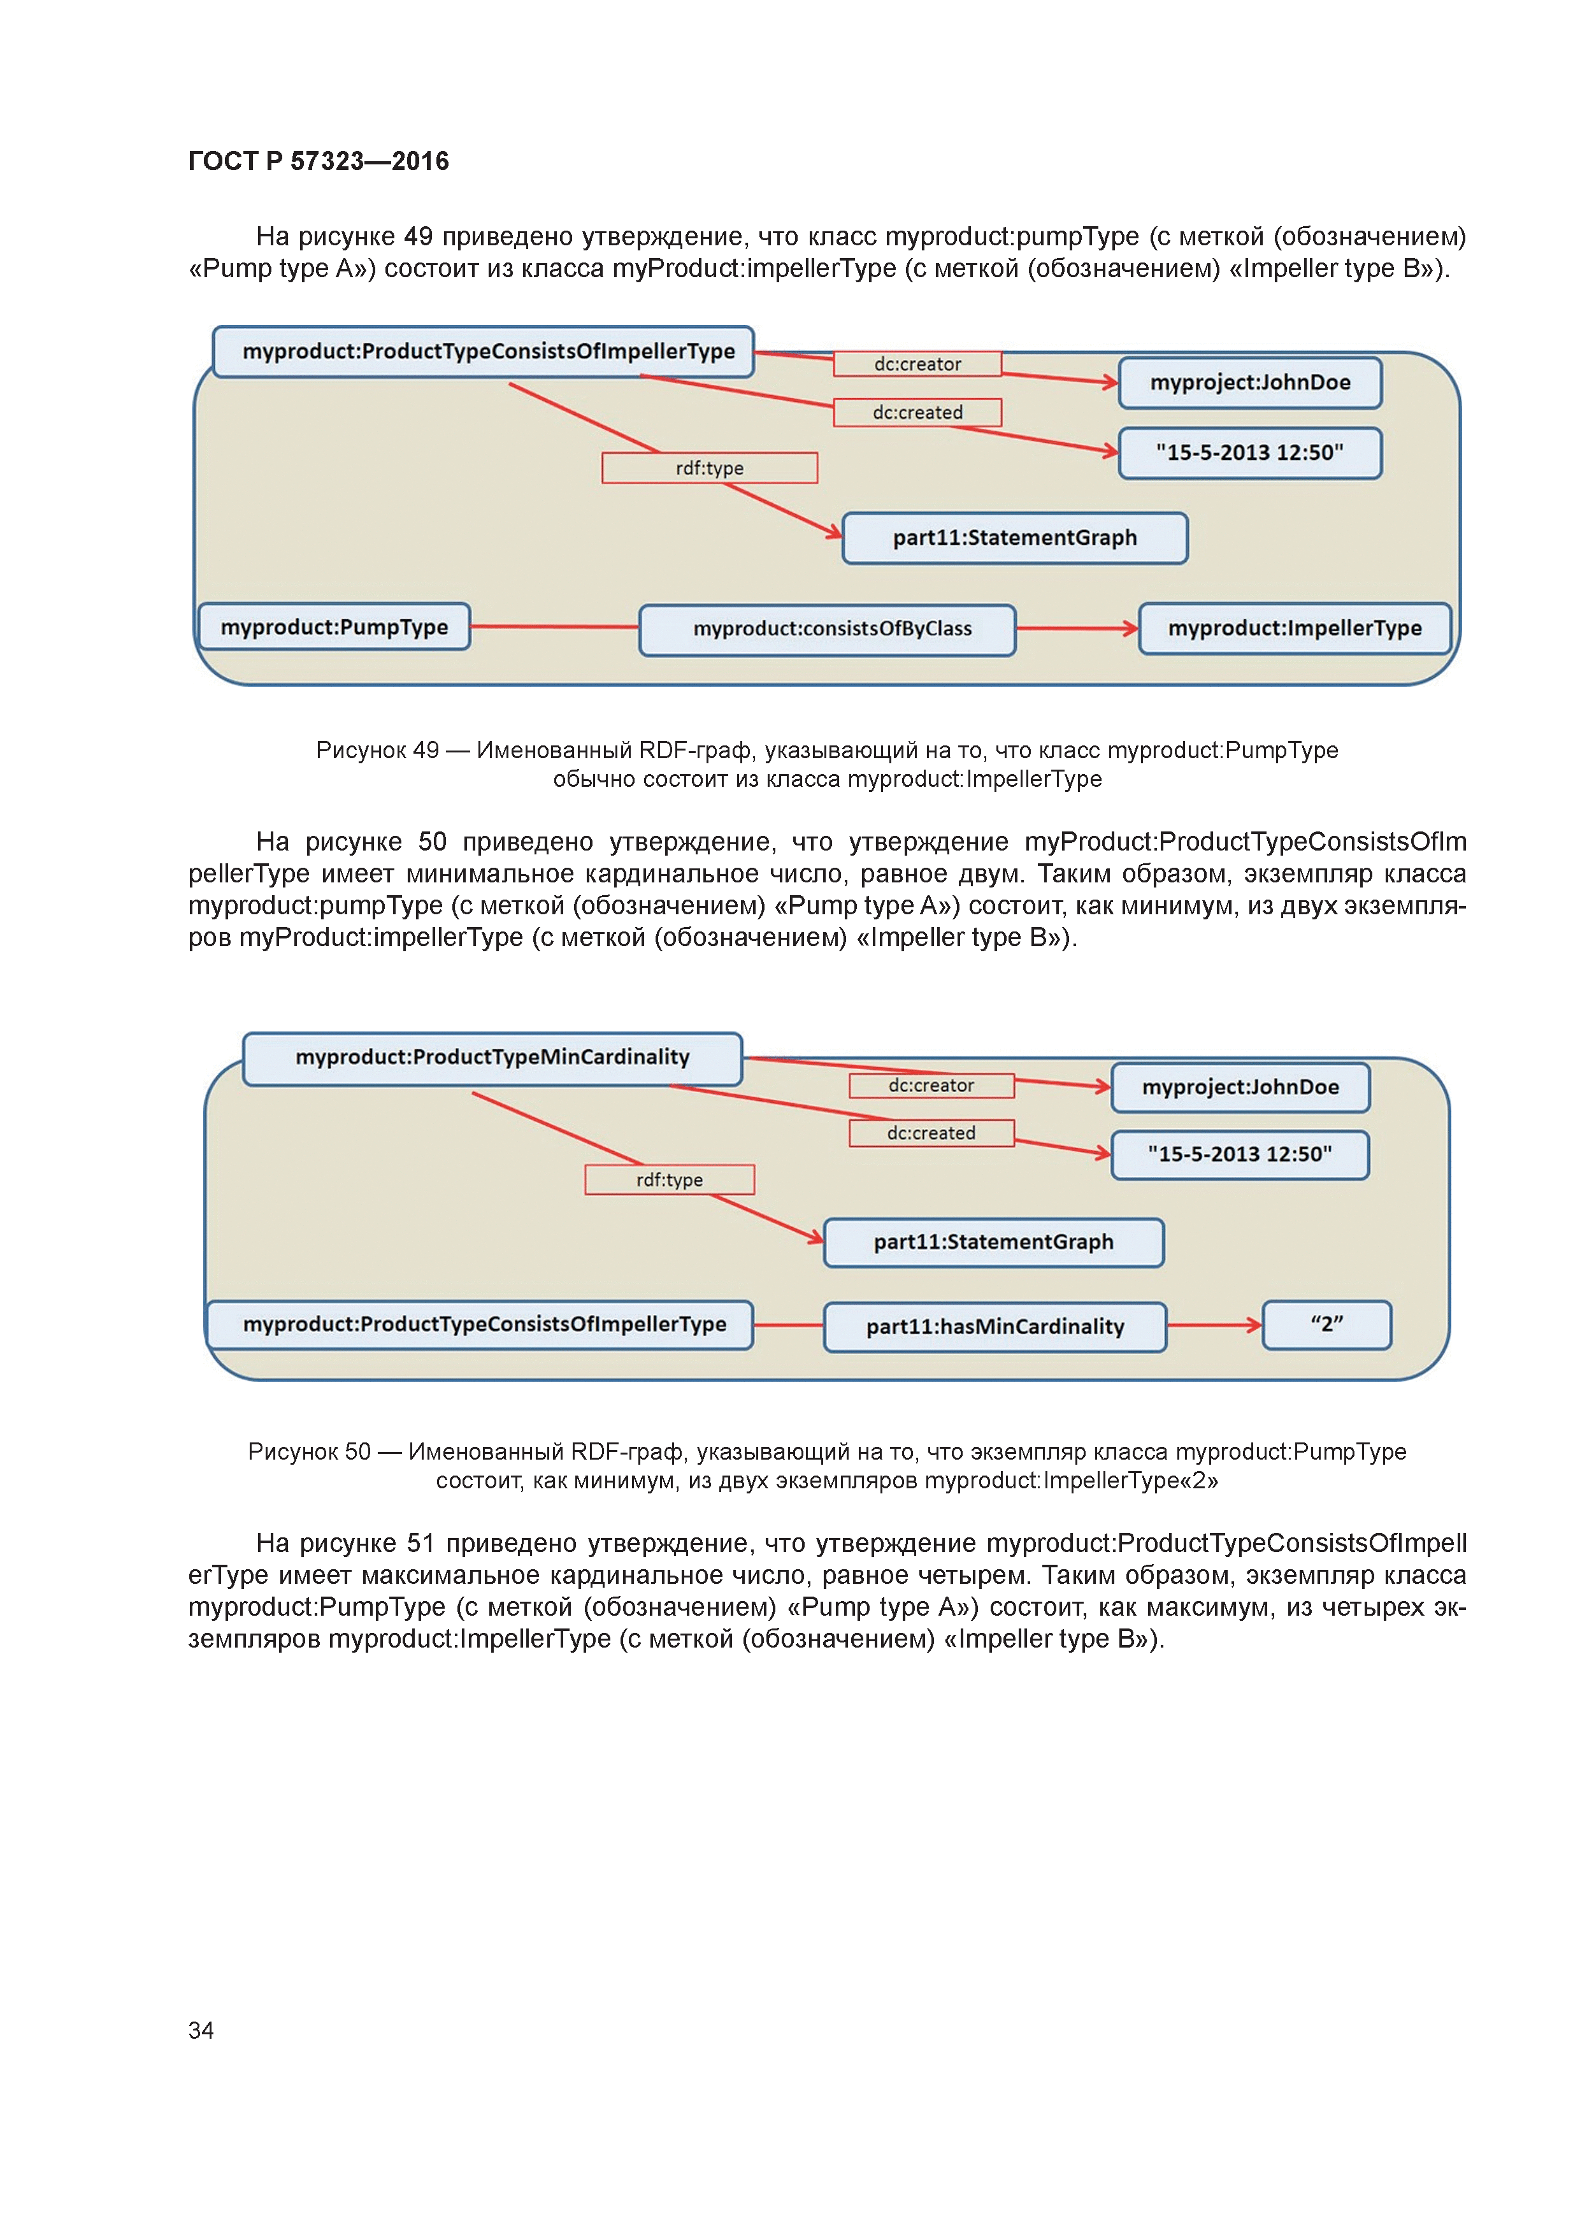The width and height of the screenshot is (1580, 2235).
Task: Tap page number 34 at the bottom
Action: [x=201, y=2030]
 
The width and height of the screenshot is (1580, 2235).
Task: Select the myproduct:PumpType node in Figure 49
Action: [x=334, y=627]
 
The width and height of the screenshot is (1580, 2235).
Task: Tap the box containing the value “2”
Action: [x=1326, y=1325]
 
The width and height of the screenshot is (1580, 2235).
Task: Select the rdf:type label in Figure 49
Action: [x=710, y=468]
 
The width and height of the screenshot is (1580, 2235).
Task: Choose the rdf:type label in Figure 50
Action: [x=669, y=1180]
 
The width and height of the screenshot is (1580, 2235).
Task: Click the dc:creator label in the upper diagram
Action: [x=917, y=364]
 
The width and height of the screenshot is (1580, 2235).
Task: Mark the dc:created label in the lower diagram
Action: [x=931, y=1133]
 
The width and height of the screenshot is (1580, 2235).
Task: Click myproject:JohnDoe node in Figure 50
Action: [x=1240, y=1088]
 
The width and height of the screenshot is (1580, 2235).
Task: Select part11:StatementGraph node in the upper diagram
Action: [x=1014, y=538]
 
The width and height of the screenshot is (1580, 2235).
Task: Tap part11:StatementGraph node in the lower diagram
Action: [x=993, y=1243]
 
